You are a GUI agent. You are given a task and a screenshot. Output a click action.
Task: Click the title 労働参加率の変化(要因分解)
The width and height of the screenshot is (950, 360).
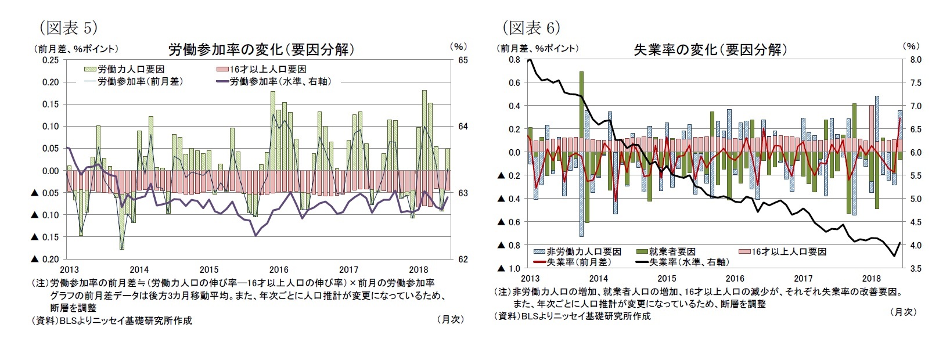pos(261,49)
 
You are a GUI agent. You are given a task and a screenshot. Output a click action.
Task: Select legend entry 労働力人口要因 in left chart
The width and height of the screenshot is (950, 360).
pos(130,69)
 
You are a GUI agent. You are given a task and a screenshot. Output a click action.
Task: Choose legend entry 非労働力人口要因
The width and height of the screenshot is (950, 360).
pos(583,251)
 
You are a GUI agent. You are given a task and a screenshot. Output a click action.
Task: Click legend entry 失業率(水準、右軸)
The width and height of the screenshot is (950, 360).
pos(688,262)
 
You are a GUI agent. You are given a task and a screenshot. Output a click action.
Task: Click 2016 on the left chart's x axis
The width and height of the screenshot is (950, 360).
pos(279,269)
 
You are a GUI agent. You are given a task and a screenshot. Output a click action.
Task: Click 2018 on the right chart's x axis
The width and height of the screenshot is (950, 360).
pos(871,279)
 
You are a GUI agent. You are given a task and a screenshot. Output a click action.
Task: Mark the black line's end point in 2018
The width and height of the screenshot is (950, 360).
pos(899,243)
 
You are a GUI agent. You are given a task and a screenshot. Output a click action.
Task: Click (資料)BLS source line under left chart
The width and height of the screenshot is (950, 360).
pos(111,320)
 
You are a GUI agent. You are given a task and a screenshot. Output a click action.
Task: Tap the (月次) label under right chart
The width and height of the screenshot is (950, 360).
pos(903,312)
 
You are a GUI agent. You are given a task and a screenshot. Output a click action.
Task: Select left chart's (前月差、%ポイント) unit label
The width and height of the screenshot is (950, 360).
pos(75,49)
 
